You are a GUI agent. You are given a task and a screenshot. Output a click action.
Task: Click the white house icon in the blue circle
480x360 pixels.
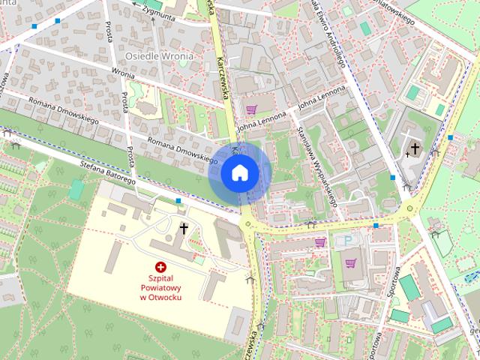tap(239, 173)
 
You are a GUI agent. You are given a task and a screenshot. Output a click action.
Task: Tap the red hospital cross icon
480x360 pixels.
tap(160, 266)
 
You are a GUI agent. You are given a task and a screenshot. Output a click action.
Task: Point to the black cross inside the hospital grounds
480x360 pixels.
tap(184, 228)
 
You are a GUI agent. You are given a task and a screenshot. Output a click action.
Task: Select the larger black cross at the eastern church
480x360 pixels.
tap(415, 149)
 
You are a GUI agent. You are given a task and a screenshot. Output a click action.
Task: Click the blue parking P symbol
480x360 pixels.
tap(346, 241)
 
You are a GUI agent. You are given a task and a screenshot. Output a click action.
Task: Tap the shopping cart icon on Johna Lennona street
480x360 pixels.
tap(251, 109)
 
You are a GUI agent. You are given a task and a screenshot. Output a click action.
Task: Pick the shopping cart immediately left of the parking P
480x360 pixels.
tap(321, 242)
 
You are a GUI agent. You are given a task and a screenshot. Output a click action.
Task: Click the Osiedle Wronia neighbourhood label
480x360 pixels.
tap(159, 56)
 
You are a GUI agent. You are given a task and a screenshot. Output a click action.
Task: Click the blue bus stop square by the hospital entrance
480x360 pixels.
tap(178, 201)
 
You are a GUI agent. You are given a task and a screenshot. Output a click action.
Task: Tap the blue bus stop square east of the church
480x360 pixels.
tap(450, 138)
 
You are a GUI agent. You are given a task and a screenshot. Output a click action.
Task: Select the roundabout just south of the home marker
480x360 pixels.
tap(247, 225)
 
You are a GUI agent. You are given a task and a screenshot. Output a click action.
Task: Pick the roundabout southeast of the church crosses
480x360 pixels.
tap(409, 208)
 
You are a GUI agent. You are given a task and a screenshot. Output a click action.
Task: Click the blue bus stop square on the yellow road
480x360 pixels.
tap(376, 225)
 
